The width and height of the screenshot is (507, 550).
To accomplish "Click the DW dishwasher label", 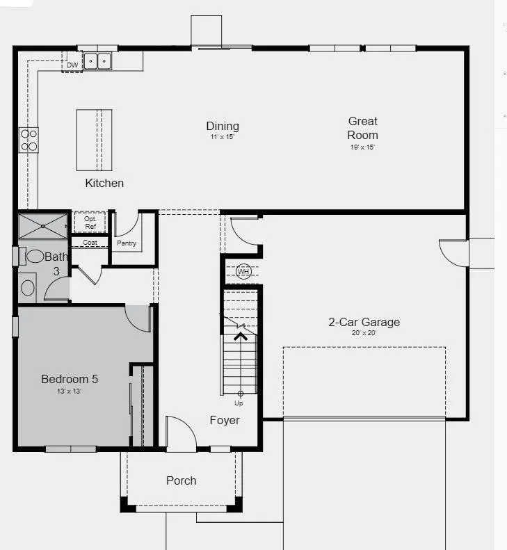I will (72, 65).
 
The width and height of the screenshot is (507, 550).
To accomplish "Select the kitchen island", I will (94, 140).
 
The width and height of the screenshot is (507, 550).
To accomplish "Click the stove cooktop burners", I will (29, 140).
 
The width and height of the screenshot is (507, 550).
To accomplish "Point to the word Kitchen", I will (104, 184).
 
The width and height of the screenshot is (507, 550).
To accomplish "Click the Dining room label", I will (223, 126).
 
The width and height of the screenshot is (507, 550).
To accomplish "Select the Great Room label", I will (362, 128).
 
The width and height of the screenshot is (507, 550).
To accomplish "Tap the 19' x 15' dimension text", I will (362, 147).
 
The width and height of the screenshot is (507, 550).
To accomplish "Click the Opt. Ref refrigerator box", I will (90, 223).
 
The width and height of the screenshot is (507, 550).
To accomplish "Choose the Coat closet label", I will (90, 243).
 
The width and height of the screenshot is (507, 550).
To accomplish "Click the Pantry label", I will (127, 243).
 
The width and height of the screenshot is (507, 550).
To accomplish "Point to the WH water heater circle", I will (243, 271).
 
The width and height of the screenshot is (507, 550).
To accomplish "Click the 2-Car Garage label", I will (364, 322).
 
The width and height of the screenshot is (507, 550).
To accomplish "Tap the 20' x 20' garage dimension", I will (364, 333).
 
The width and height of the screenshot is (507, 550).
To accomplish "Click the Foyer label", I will (225, 420).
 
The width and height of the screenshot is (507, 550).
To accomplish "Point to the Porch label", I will (181, 480).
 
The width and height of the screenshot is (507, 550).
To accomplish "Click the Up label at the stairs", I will (239, 403).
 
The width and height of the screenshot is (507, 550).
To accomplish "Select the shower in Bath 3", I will (42, 226).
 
